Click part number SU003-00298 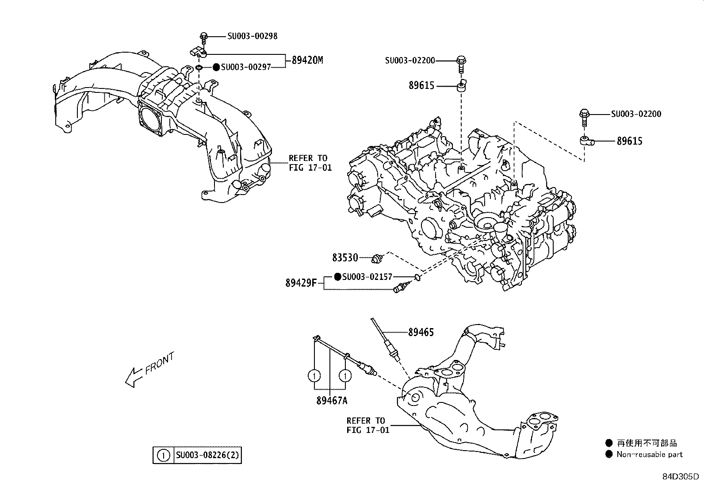(253, 36)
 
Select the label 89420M (307, 60)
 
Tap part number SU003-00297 (246, 67)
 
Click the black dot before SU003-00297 (216, 67)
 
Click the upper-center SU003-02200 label (410, 60)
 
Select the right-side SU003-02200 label (636, 114)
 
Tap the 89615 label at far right (630, 141)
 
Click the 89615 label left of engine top (421, 86)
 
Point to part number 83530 (345, 257)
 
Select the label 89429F (301, 283)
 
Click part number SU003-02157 (367, 277)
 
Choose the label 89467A (332, 401)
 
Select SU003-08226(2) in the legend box (208, 455)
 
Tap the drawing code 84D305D (680, 477)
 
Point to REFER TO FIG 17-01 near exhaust (368, 425)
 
